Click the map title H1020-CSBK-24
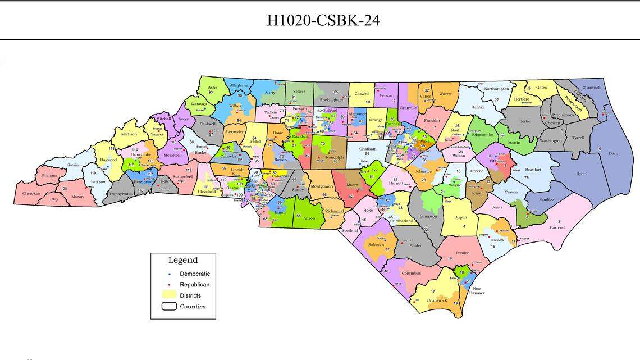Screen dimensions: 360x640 (x=323, y=20)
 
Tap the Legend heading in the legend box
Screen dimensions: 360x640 (x=183, y=260)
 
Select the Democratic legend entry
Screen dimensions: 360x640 (x=194, y=274)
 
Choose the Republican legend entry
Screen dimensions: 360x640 (x=194, y=285)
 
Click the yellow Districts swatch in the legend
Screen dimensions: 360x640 (x=169, y=295)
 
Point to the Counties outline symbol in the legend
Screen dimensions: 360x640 (x=169, y=306)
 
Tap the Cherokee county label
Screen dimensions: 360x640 (x=31, y=193)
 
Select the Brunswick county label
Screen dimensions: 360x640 (x=437, y=300)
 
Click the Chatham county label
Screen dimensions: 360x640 (x=368, y=148)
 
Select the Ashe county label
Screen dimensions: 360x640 (x=212, y=88)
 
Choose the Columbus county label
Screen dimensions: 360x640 (x=411, y=274)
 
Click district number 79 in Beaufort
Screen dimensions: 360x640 (x=526, y=177)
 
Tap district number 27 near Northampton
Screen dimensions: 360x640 (x=496, y=100)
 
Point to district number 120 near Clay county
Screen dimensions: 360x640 (x=63, y=189)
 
